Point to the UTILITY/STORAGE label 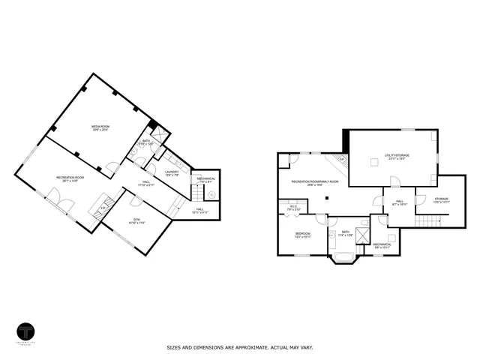pos(395,157)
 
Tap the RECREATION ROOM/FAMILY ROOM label pos(325,182)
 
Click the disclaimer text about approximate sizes pos(239,348)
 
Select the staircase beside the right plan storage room pos(427,219)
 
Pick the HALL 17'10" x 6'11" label pos(146,184)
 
